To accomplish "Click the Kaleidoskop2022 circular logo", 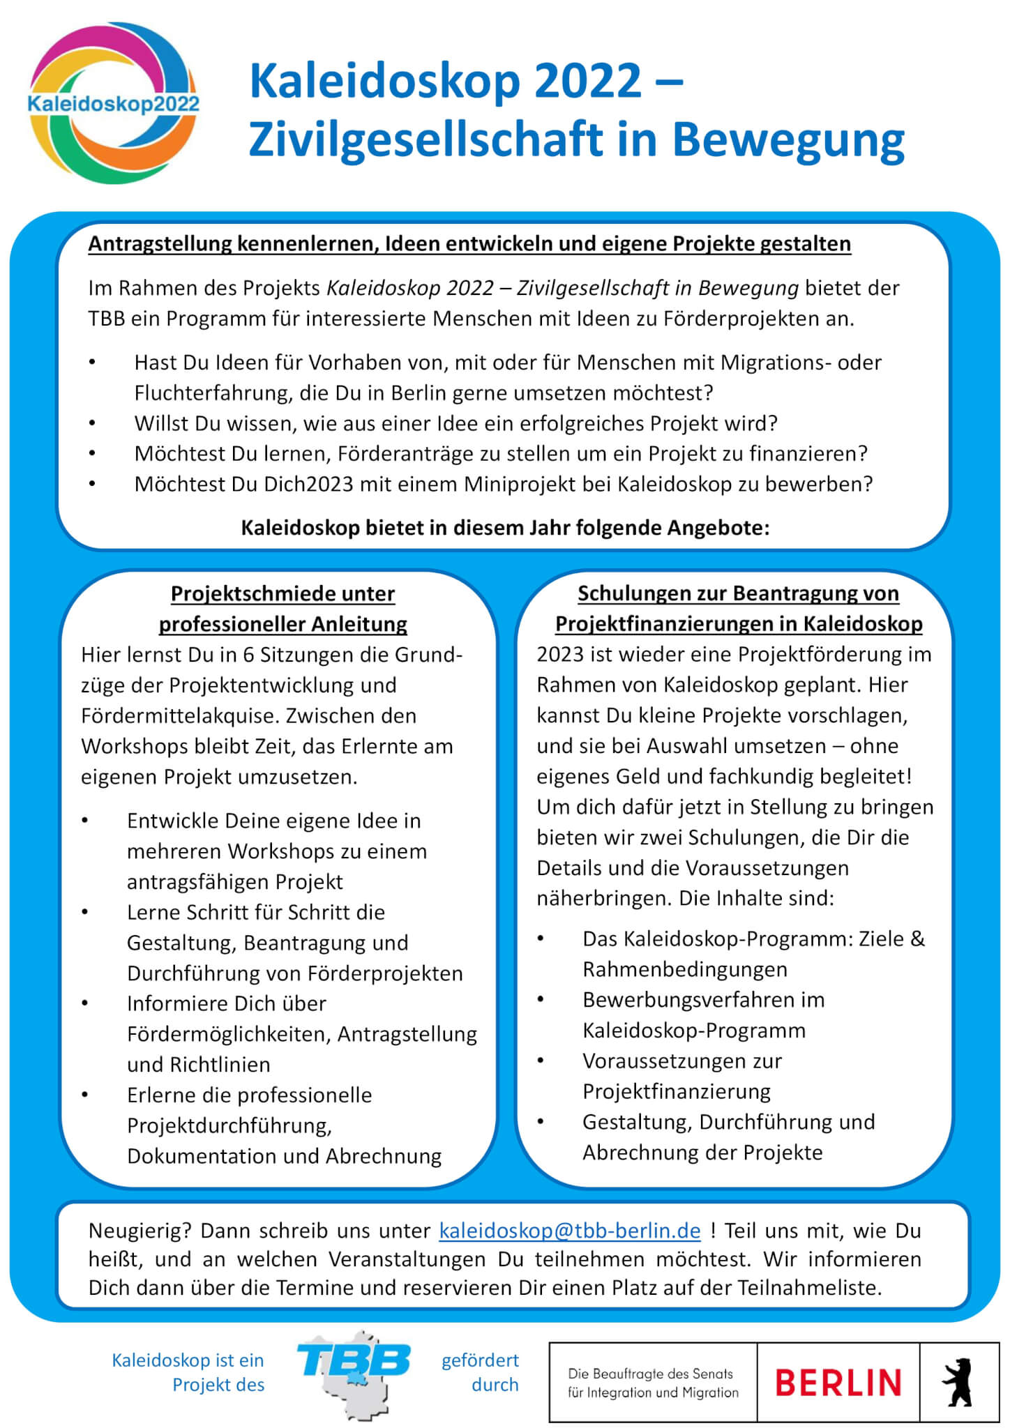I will pyautogui.click(x=114, y=104).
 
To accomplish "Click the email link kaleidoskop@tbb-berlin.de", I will pyautogui.click(x=569, y=1231).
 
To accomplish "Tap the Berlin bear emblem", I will pyautogui.click(x=958, y=1382).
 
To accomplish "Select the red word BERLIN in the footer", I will pyautogui.click(x=838, y=1383).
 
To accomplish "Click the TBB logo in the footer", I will pyautogui.click(x=354, y=1372).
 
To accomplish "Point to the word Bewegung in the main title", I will pyautogui.click(x=788, y=139).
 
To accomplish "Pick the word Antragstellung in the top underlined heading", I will pyautogui.click(x=160, y=244).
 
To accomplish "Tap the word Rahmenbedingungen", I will pyautogui.click(x=685, y=969).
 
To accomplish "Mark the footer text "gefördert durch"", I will pyautogui.click(x=480, y=1372).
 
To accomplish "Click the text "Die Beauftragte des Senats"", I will pyautogui.click(x=650, y=1374).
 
